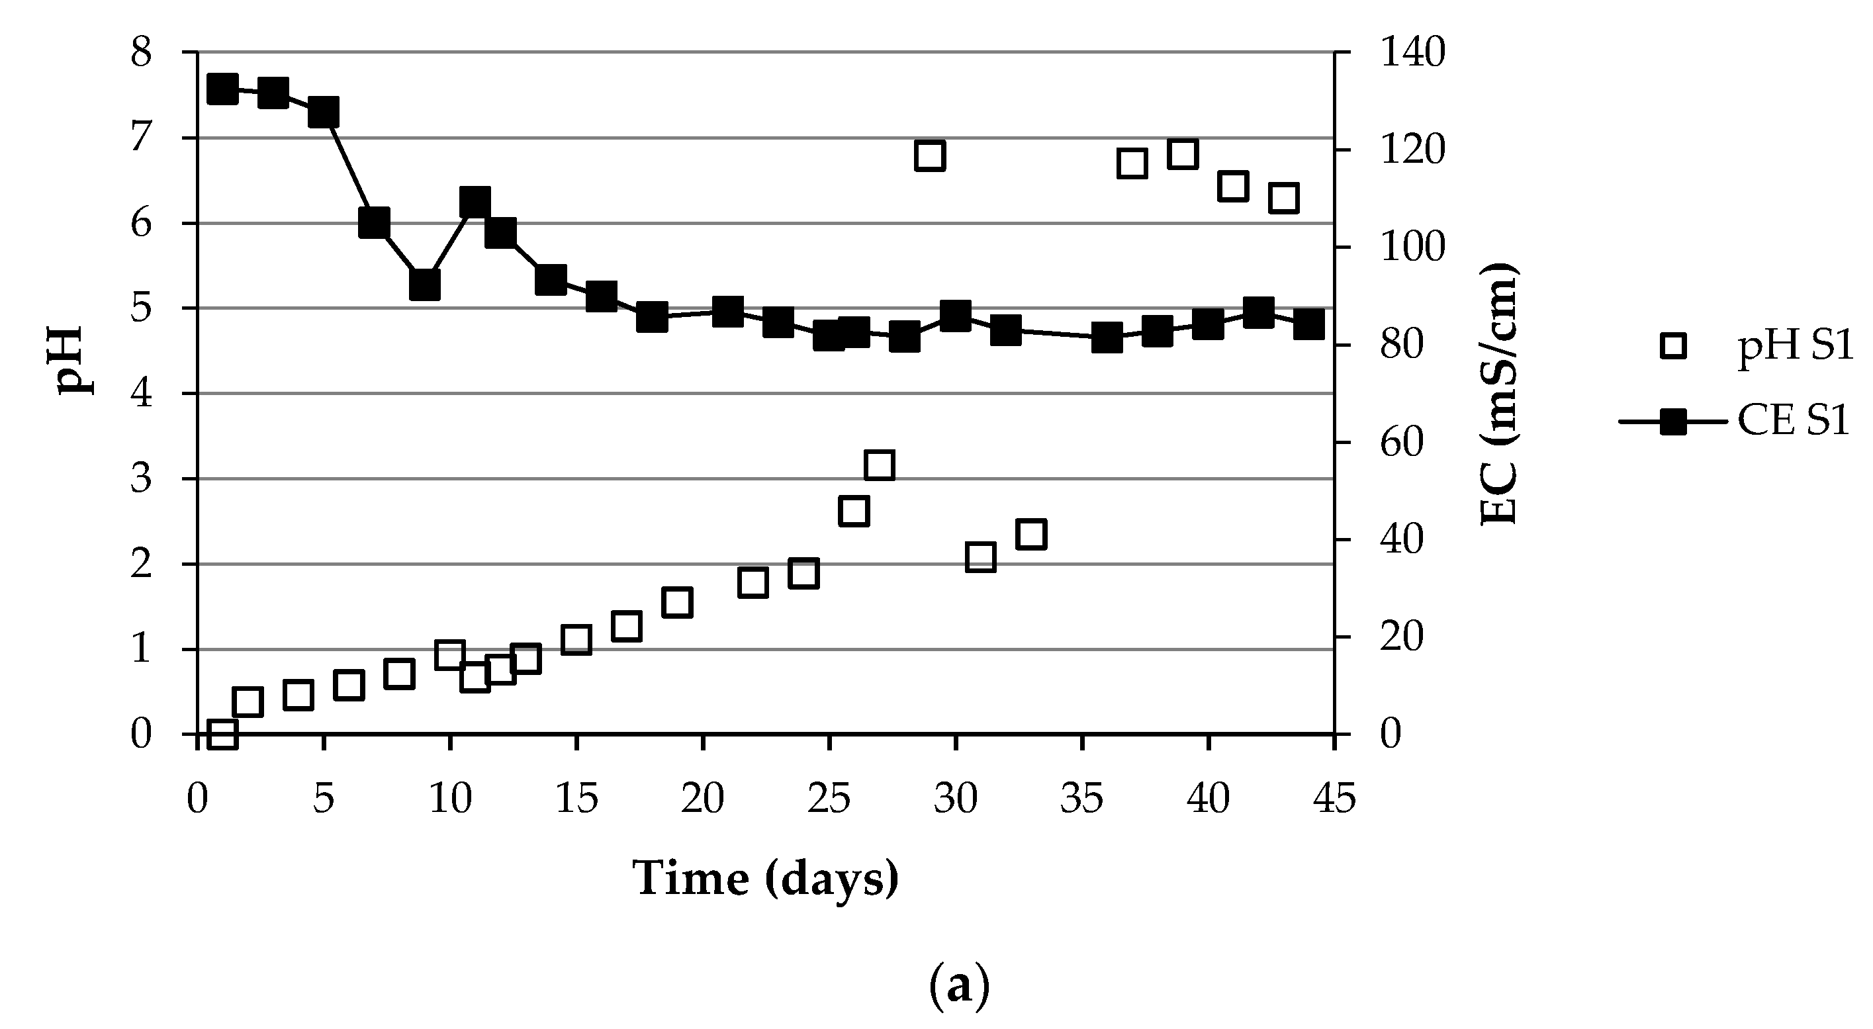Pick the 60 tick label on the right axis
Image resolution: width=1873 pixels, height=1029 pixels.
(1401, 443)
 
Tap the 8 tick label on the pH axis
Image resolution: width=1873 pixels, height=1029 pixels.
(141, 53)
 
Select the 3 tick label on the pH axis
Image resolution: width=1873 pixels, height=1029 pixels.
(141, 479)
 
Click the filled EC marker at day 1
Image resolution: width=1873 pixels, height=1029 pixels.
(222, 90)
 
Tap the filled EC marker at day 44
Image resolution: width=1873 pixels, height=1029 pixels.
(1308, 324)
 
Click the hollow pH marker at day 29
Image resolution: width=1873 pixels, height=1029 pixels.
(930, 156)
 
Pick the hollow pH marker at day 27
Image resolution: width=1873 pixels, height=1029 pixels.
(879, 465)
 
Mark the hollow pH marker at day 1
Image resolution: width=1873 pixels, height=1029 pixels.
(222, 735)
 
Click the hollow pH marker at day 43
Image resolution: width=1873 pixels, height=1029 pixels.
(1284, 199)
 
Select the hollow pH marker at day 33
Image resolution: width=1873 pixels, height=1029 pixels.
(1031, 535)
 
